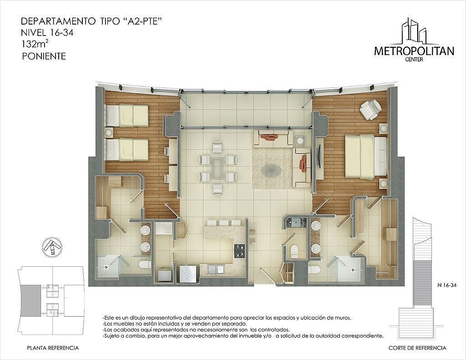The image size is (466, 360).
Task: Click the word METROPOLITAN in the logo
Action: point(414,51)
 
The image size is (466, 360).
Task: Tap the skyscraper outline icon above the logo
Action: point(414,30)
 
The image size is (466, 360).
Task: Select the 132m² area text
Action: point(35,44)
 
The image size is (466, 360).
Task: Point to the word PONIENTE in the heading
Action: point(44,56)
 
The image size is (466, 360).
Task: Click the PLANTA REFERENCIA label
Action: point(53,348)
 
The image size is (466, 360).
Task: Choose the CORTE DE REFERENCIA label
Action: point(417,348)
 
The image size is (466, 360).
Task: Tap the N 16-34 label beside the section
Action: point(447,285)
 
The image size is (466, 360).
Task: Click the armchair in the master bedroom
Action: point(370,110)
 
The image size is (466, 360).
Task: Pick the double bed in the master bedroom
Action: point(366,157)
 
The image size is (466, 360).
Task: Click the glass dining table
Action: point(218,168)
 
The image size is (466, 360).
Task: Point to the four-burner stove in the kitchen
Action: point(240,251)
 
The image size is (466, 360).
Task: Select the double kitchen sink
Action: point(216,269)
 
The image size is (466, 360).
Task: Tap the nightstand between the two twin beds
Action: point(109,132)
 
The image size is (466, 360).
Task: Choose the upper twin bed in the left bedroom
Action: point(127,116)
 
